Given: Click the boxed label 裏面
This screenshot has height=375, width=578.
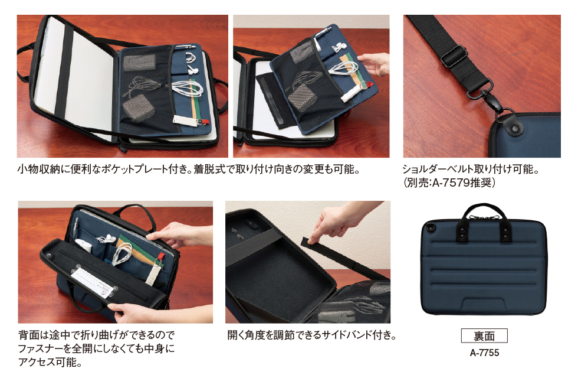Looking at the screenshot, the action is [x=484, y=335].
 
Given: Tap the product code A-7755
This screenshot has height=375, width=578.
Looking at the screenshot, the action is [x=484, y=353].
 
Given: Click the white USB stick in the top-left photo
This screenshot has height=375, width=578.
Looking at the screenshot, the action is [x=183, y=120].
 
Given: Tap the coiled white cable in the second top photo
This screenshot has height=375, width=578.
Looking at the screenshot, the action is [x=343, y=69].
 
